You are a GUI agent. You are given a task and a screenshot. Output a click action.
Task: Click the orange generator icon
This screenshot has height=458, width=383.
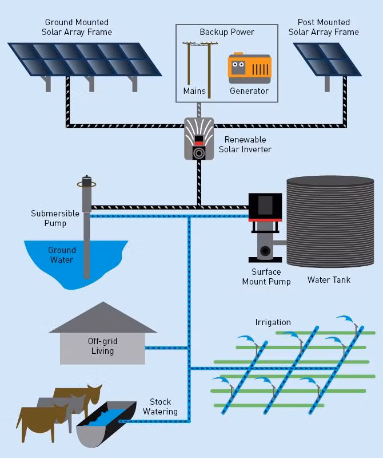pyautogui.click(x=249, y=68)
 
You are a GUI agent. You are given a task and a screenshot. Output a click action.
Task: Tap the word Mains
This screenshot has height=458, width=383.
pyautogui.click(x=194, y=91)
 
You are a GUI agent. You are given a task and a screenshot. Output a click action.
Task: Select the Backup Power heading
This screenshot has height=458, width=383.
pyautogui.click(x=227, y=32)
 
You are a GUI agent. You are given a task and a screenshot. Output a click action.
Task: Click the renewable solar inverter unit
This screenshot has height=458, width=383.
pyautogui.click(x=199, y=139)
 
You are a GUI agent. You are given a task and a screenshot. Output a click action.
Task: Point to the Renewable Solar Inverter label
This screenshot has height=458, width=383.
pyautogui.click(x=245, y=144)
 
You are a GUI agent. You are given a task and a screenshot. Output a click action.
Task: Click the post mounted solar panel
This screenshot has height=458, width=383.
pyautogui.click(x=328, y=60)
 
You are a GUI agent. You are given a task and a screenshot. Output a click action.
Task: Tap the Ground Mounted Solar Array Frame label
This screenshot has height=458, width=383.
pyautogui.click(x=77, y=27)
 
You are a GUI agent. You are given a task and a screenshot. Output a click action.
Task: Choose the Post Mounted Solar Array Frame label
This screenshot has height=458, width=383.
pyautogui.click(x=324, y=27)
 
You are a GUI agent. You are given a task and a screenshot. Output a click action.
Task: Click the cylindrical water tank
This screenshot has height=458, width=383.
pyautogui.click(x=330, y=222)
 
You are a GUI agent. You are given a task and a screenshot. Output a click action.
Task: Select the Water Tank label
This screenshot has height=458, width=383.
pyautogui.click(x=329, y=280)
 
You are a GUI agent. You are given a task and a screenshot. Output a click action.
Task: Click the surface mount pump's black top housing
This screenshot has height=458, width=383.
pyautogui.click(x=265, y=206)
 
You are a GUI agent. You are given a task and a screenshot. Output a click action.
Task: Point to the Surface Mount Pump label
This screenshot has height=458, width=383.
pyautogui.click(x=266, y=277)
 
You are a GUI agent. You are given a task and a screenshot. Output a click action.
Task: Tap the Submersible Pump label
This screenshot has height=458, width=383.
pyautogui.click(x=55, y=218)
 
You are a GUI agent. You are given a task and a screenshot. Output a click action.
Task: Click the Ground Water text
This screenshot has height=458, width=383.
pyautogui.click(x=62, y=255)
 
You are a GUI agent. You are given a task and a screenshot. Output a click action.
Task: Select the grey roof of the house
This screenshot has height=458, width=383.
pyautogui.click(x=103, y=318)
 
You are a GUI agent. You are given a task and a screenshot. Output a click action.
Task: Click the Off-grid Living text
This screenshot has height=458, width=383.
pyautogui.click(x=102, y=346)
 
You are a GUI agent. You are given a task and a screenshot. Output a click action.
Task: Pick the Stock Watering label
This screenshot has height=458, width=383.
pyautogui.click(x=160, y=406)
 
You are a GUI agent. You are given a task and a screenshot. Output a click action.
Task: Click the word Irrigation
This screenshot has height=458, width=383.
pyautogui.click(x=273, y=322)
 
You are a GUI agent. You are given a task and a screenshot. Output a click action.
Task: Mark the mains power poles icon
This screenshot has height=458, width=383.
pyautogui.click(x=200, y=69)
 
